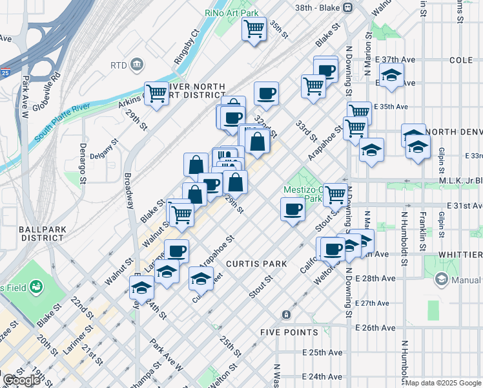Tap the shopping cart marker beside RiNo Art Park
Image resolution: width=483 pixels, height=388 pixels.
(254, 28)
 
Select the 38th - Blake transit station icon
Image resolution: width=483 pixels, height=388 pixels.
(347, 7)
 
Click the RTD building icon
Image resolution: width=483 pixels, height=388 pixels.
(136, 65)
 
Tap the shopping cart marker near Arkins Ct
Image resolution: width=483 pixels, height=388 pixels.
(156, 94)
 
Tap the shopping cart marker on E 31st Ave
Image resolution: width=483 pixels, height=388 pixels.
(334, 193)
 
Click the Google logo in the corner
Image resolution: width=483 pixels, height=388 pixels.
(21, 380)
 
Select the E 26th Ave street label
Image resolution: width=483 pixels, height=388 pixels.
(375, 327)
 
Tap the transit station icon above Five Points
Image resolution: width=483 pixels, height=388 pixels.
(286, 315)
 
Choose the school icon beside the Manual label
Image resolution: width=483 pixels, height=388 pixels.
(442, 280)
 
